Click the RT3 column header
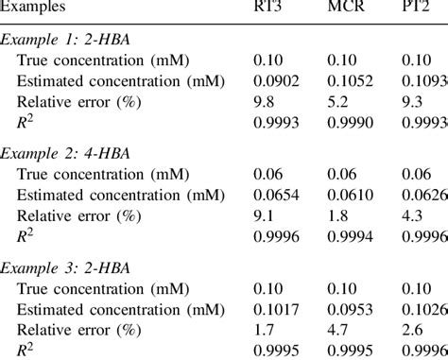[x=269, y=9]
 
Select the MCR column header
[x=345, y=9]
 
